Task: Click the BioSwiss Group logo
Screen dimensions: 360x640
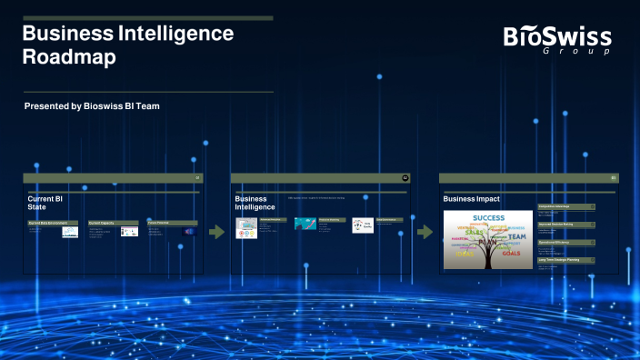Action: click(x=557, y=39)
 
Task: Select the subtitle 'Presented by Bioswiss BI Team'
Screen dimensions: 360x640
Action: click(x=93, y=106)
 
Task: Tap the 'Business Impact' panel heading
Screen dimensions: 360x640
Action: click(x=471, y=199)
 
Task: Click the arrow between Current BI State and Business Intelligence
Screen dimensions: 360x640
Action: click(x=216, y=232)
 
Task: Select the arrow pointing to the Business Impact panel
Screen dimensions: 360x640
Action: click(x=425, y=232)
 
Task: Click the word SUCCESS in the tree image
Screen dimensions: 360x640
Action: click(x=487, y=218)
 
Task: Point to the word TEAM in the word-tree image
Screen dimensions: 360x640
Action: click(x=516, y=237)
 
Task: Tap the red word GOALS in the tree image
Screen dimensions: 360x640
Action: click(x=511, y=254)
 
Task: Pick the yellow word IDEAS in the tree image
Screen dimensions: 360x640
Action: click(x=465, y=254)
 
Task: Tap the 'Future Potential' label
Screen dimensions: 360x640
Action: click(x=172, y=222)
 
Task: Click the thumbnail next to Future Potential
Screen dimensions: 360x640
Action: click(x=189, y=232)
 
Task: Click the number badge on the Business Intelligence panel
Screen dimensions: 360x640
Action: click(x=405, y=177)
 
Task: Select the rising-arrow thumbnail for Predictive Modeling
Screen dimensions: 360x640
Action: click(x=305, y=224)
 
